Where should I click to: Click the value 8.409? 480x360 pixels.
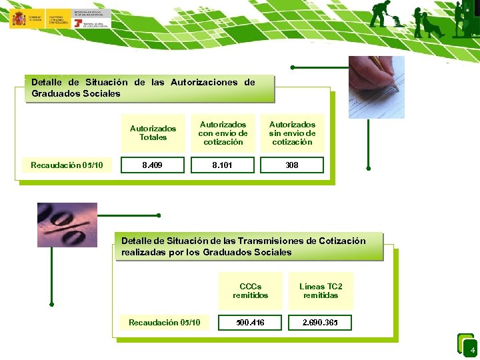(152, 165)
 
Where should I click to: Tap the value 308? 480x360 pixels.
(292, 165)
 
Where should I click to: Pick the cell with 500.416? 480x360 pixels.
(251, 323)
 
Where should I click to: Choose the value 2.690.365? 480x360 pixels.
(320, 323)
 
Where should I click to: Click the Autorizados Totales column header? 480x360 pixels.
(153, 133)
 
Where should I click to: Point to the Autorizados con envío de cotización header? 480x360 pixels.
(223, 133)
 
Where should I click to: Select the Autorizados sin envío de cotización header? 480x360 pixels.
(292, 133)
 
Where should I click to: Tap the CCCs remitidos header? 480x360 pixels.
(251, 291)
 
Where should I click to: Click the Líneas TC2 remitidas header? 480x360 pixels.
(321, 291)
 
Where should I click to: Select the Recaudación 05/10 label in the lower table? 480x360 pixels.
(164, 323)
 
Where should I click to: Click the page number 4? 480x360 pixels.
(473, 350)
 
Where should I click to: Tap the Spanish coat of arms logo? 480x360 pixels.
(17, 19)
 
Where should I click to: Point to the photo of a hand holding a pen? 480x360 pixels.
(377, 87)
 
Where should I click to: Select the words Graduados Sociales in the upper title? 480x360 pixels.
(76, 94)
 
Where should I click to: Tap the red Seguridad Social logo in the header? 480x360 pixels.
(79, 23)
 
